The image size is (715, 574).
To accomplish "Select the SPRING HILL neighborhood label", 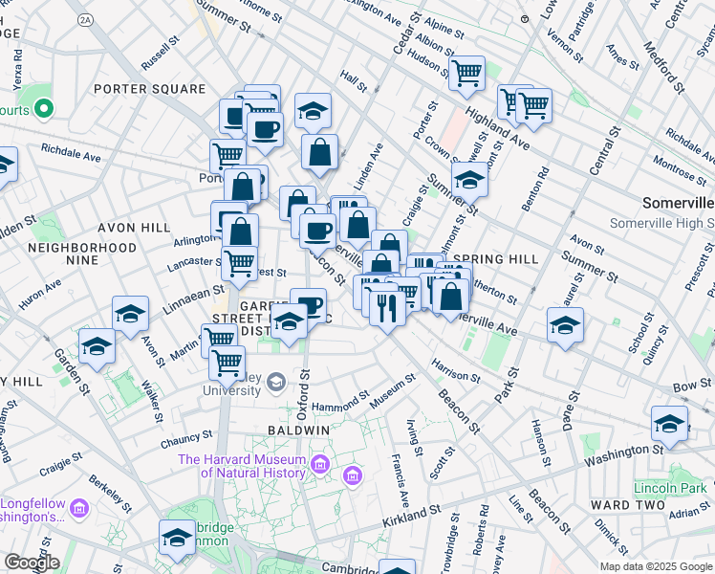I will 490,259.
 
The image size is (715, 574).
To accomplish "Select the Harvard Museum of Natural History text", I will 241,467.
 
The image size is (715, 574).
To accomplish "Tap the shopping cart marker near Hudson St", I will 466,73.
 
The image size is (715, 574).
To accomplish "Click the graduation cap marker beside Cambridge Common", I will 177,537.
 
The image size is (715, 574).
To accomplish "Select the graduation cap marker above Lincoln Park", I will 669,423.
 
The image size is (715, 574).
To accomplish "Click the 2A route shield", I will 86,19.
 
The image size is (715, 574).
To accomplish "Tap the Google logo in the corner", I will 32,562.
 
